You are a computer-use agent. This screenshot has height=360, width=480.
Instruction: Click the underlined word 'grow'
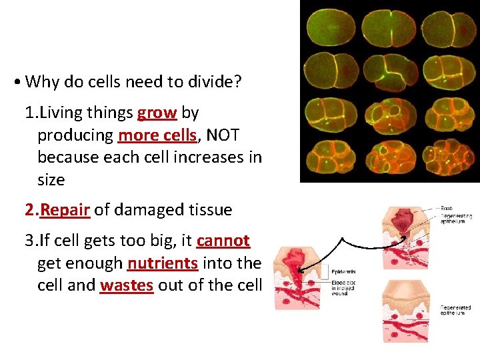pos(157,113)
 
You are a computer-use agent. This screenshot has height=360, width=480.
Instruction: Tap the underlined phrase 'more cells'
pos(157,135)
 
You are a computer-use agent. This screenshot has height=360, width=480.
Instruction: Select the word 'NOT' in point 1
pos(223,135)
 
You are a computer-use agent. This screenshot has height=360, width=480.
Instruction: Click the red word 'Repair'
pos(65,210)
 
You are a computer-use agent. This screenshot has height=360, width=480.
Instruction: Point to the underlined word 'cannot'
pos(223,241)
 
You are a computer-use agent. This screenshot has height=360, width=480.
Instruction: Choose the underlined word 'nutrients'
pos(162,263)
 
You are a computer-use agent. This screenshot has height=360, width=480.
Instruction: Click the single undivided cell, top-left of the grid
pos(330,27)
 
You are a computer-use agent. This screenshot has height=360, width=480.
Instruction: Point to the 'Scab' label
pos(447,209)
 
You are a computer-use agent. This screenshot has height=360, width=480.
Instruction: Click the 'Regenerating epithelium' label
pos(456,219)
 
